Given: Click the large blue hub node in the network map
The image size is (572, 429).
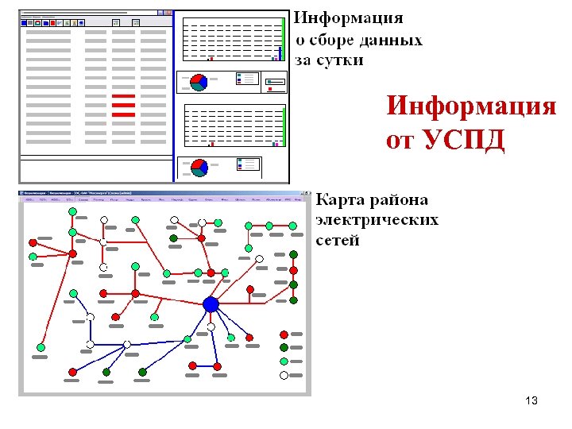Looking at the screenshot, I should coord(211,304).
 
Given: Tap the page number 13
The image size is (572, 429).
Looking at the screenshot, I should coord(531,400).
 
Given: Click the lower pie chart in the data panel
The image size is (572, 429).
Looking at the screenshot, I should coord(199,167).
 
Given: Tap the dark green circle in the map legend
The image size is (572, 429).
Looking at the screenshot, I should coord(284,347).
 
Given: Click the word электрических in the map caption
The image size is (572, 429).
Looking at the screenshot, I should coord(377,220).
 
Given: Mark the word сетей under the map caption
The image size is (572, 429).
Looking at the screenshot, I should coord(338,240).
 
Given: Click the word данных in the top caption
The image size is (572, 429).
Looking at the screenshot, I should coord(392,40).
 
